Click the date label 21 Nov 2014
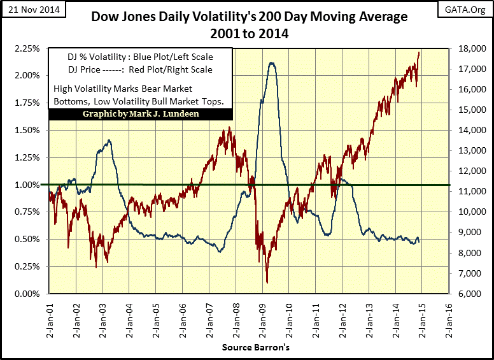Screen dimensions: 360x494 click(27, 10)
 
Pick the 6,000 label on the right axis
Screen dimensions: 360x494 click(467, 294)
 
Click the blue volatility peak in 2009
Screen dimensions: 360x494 click(272, 62)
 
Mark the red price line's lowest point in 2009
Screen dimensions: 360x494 click(267, 282)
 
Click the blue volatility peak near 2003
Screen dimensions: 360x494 click(109, 140)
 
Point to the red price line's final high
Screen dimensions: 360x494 click(419, 53)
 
